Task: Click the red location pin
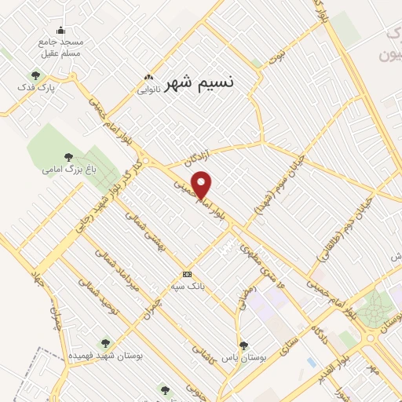click(x=203, y=185)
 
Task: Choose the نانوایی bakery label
click(x=149, y=89)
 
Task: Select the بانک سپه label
click(x=188, y=287)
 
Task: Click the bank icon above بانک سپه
click(x=187, y=274)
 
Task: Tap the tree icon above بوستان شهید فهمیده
click(x=105, y=343)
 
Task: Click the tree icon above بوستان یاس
click(x=243, y=345)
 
